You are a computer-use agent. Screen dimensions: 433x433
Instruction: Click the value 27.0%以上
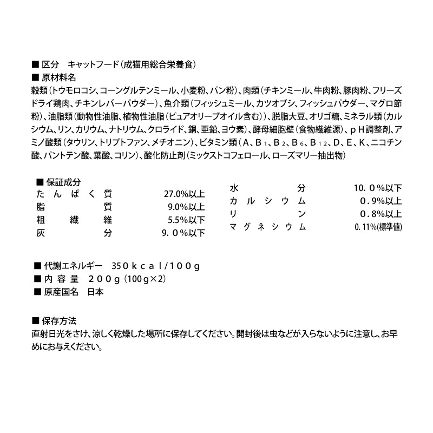coord(184,194)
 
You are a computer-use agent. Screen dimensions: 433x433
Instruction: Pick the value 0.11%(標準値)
coord(378,227)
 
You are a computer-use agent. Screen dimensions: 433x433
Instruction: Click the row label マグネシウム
coord(268,227)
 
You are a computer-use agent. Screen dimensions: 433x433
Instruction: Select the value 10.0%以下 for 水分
coord(378,188)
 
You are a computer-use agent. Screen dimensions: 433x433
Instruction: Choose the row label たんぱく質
coord(74,194)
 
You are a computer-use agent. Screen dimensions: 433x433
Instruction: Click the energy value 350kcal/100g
coord(156,266)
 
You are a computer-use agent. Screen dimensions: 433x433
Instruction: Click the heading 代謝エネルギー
coord(74,266)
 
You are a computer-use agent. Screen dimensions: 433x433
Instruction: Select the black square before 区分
coord(36,64)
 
